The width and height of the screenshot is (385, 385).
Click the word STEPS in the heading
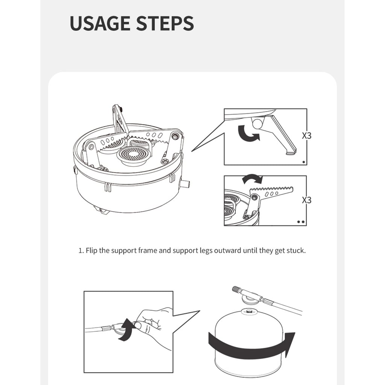point(165,23)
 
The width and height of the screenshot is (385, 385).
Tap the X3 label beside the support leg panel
point(307,135)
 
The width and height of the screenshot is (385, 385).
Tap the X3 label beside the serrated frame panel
point(307,200)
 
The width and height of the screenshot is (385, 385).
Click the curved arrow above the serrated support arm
point(252,178)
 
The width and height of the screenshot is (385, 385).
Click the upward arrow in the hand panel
point(126,330)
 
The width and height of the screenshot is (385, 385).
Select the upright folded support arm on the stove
point(120,120)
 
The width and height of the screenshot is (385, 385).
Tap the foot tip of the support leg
point(291,153)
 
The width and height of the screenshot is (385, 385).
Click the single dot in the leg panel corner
point(304,162)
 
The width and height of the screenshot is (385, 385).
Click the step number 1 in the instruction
point(81,251)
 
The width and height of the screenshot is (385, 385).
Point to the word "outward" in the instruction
point(227,251)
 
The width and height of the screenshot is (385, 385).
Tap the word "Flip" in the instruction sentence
point(91,251)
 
